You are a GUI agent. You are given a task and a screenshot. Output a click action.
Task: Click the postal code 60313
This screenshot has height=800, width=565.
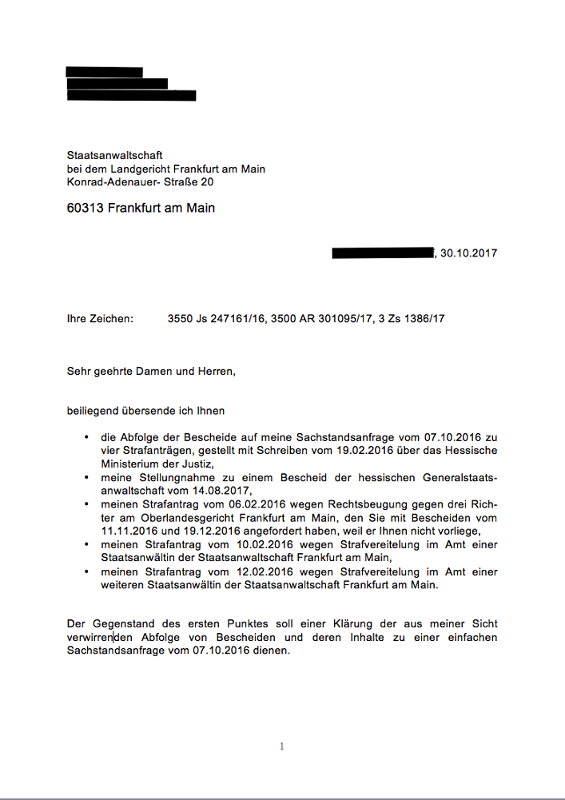point(85,209)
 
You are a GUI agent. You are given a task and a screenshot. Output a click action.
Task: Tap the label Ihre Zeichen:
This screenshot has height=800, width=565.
point(100,319)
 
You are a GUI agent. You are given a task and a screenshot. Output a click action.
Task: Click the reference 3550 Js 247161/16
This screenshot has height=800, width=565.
point(215,319)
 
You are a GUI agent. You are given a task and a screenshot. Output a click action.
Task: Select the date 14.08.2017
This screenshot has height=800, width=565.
point(225,489)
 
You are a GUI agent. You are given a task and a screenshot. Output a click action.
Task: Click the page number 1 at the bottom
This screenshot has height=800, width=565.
point(282,746)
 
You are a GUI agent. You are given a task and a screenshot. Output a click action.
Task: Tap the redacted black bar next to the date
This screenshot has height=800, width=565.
point(382,253)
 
